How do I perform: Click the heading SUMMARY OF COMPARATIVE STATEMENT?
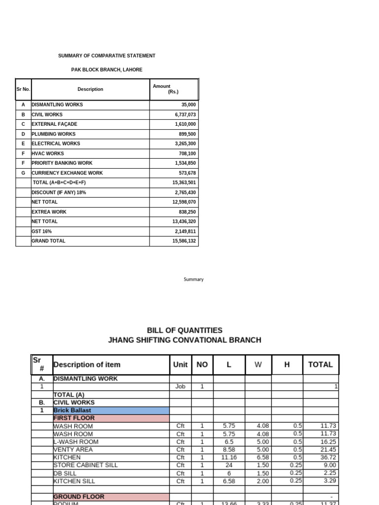click(x=107, y=56)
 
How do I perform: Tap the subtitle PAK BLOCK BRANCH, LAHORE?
click(x=107, y=70)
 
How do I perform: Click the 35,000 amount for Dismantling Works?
click(x=188, y=105)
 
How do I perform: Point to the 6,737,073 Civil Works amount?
click(x=184, y=114)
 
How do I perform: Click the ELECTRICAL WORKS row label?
click(x=56, y=144)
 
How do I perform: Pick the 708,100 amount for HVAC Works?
click(x=187, y=153)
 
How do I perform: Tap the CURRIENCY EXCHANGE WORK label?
click(x=67, y=173)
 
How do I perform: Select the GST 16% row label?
click(x=41, y=231)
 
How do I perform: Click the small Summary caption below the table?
click(x=193, y=279)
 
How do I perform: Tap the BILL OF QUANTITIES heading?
click(x=185, y=330)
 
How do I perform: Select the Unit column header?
click(x=180, y=365)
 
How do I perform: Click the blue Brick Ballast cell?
click(x=111, y=410)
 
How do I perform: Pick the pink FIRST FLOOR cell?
click(x=111, y=418)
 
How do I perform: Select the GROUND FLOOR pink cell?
click(x=111, y=497)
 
